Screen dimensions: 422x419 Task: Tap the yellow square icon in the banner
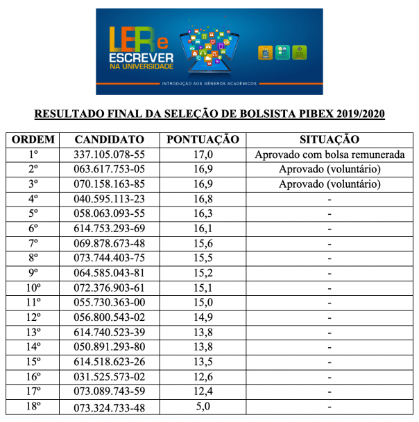pos(266,53)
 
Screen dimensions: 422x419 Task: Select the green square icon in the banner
pos(299,53)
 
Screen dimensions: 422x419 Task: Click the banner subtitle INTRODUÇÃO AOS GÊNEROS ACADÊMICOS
pos(209,84)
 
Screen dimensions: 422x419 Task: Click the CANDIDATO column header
pos(110,139)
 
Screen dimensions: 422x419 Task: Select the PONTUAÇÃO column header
pos(203,139)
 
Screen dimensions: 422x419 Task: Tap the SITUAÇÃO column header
pos(330,139)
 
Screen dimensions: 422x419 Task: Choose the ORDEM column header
pos(34,139)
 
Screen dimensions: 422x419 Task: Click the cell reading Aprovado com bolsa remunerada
pos(330,155)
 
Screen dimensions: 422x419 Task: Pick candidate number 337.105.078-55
pos(110,155)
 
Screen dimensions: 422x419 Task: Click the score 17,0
pos(203,155)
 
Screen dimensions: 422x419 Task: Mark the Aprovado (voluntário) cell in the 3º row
pos(330,184)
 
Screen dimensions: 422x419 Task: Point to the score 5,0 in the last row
pos(203,406)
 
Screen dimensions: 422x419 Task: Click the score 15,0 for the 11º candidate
pos(203,303)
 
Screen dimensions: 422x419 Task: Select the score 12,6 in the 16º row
pos(203,376)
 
